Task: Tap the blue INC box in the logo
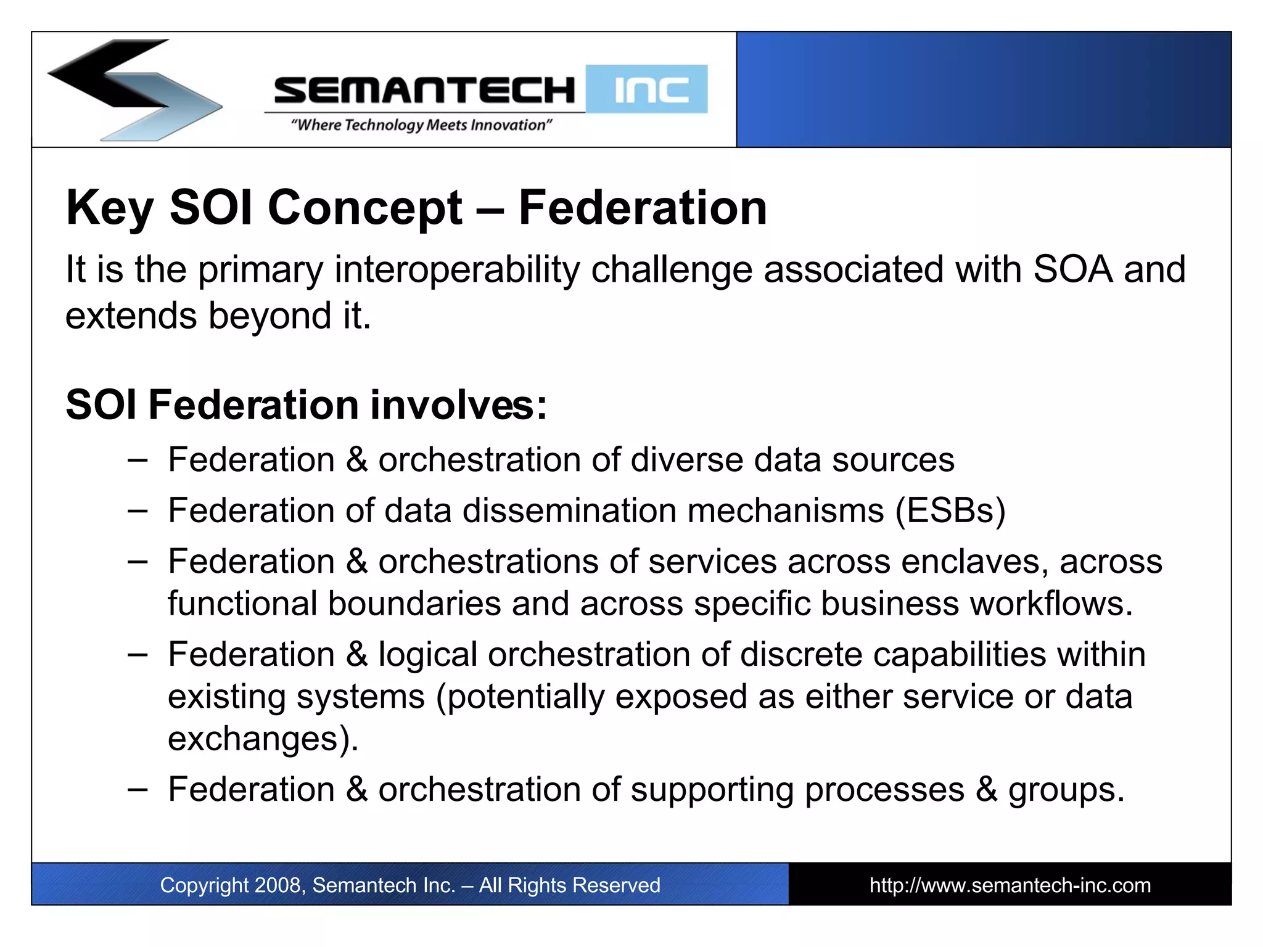pos(647,89)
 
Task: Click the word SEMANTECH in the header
pos(424,91)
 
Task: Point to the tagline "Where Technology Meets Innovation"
pos(421,125)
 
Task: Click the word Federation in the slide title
pos(643,208)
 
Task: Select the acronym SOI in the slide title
pos(211,208)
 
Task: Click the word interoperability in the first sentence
pos(457,269)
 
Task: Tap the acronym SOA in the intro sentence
pos(1072,269)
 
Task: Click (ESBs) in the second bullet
pos(950,510)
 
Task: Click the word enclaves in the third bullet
pos(974,562)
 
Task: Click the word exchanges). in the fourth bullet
pos(263,738)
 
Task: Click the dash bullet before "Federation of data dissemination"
pos(138,510)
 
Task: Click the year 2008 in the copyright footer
pos(277,885)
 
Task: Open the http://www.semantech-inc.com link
pos(1010,885)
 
